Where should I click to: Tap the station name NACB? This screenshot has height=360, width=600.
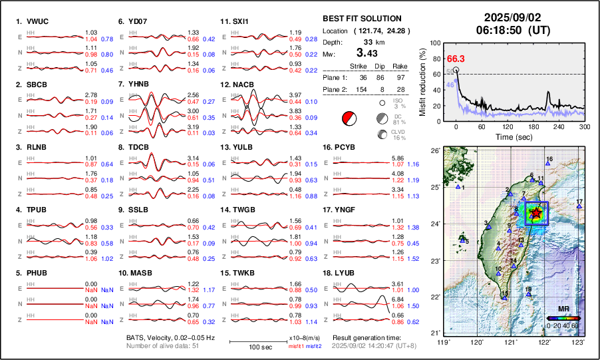click(240, 85)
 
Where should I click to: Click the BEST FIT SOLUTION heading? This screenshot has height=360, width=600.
click(362, 19)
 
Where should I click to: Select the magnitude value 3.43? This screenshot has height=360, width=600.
click(366, 53)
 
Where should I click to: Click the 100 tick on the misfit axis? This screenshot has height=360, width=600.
click(436, 43)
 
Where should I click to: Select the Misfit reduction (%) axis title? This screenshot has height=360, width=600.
click(423, 82)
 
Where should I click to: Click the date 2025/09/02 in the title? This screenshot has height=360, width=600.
click(513, 17)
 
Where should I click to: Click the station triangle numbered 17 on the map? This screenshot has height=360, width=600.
click(579, 207)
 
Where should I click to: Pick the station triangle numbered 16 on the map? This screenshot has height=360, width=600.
click(548, 164)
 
